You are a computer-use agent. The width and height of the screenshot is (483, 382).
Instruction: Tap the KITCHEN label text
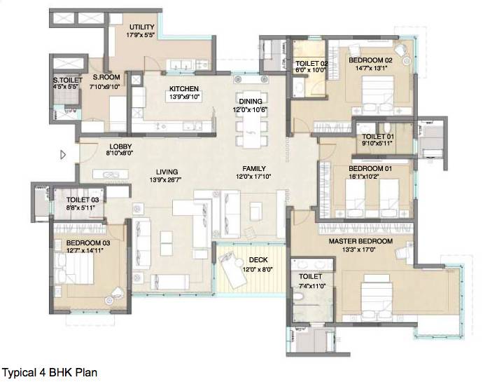pyautogui.click(x=184, y=89)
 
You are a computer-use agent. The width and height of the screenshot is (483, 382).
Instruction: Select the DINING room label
pyautogui.click(x=251, y=100)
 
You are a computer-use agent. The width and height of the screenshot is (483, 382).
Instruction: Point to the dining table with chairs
pyautogui.click(x=250, y=129)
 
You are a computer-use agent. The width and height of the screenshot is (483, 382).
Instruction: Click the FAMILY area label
pyautogui.click(x=254, y=170)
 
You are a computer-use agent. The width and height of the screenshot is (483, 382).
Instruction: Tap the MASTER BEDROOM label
pyautogui.click(x=360, y=242)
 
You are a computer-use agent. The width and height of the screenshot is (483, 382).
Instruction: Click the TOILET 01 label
pyautogui.click(x=377, y=137)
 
